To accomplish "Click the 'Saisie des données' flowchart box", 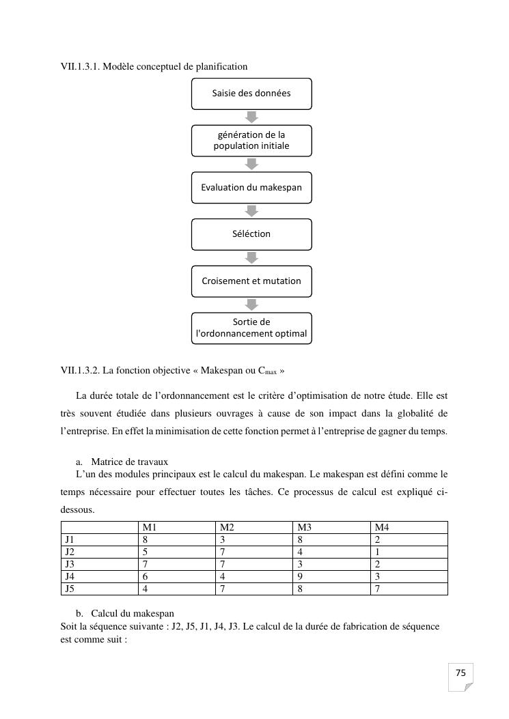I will click(251, 94).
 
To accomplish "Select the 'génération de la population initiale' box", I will click(251, 141).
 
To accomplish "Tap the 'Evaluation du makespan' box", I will click(251, 187).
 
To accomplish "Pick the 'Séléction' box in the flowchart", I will click(251, 234).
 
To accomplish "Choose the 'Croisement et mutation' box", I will click(251, 281).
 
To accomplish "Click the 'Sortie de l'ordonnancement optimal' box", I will click(251, 328).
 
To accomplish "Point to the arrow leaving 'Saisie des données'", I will click(251, 117).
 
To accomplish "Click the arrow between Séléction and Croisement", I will click(251, 257).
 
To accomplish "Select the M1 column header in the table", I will click(150, 527).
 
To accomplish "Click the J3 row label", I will click(69, 564).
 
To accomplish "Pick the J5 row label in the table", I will click(69, 588).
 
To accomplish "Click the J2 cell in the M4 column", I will click(378, 552).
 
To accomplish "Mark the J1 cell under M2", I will click(223, 539).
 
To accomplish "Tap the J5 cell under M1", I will click(146, 588).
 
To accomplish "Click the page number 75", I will click(460, 673).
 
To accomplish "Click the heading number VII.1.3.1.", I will click(81, 66).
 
